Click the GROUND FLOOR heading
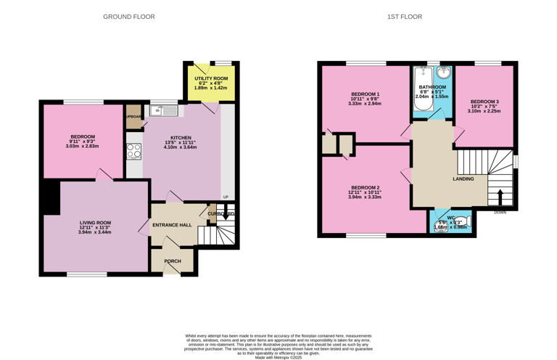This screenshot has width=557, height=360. pyautogui.click(x=128, y=17)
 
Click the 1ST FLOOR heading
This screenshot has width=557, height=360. pyautogui.click(x=404, y=17)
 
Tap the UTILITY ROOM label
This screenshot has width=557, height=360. pyautogui.click(x=211, y=78)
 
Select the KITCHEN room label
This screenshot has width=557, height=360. pyautogui.click(x=181, y=137)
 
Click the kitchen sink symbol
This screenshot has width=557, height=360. pyautogui.click(x=165, y=110)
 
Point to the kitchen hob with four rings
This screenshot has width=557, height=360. pyautogui.click(x=134, y=151)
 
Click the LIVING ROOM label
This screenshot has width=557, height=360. pyautogui.click(x=94, y=223)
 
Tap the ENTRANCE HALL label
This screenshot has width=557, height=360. pyautogui.click(x=172, y=225)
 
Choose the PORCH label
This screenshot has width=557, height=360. pyautogui.click(x=173, y=261)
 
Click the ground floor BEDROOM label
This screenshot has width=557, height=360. pyautogui.click(x=83, y=136)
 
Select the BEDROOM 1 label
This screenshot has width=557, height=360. pyautogui.click(x=365, y=94)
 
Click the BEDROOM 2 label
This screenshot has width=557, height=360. pyautogui.click(x=365, y=187)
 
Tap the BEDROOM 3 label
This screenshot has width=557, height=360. pyautogui.click(x=484, y=102)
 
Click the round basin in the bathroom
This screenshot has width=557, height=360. pyautogui.click(x=442, y=73)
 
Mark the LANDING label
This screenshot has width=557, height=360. pyautogui.click(x=463, y=179)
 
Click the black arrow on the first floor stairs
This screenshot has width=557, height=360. pyautogui.click(x=500, y=197)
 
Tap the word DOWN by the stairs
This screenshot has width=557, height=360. pyautogui.click(x=500, y=213)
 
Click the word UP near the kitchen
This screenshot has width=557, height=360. pyautogui.click(x=226, y=197)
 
